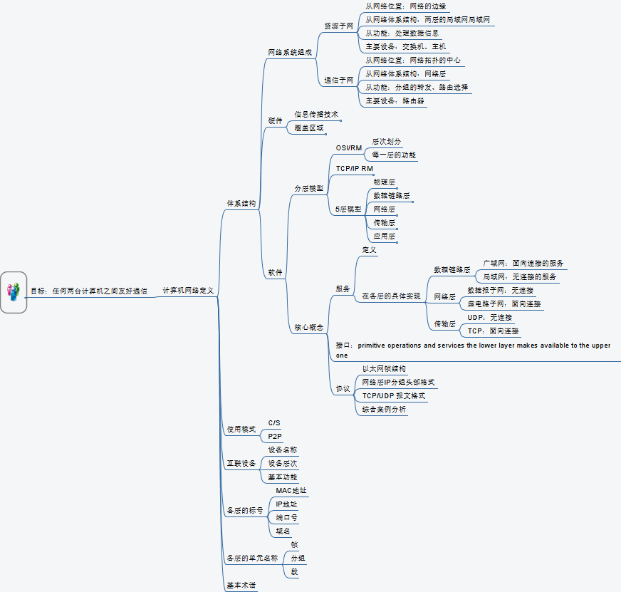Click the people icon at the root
[14, 291]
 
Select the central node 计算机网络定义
[188, 291]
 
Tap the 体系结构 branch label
[241, 203]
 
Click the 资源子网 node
[339, 26]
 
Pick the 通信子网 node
[339, 81]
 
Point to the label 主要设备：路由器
[395, 101]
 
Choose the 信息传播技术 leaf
[316, 114]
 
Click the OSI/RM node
[349, 148]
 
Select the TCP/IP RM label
[355, 169]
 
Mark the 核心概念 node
[309, 327]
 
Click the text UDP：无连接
[489, 317]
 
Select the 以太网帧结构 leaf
[384, 368]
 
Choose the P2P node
[275, 435]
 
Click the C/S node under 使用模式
[274, 422]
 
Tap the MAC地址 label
[291, 490]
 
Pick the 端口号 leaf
[287, 517]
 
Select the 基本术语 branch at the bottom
[241, 586]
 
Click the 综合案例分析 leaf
[384, 409]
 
